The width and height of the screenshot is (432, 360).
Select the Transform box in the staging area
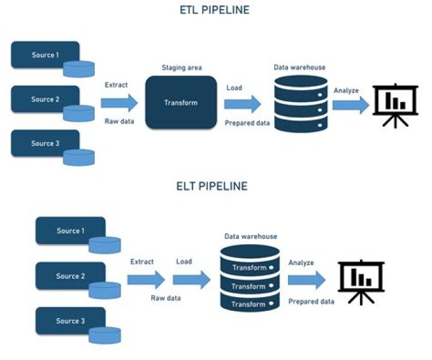pyautogui.click(x=181, y=103)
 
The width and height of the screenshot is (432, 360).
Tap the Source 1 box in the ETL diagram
pyautogui.click(x=45, y=55)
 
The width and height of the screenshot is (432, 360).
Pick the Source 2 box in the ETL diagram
pyautogui.click(x=45, y=99)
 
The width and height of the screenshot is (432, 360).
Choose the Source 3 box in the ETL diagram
pyautogui.click(x=45, y=143)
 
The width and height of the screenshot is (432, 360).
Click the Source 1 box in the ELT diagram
pyautogui.click(x=70, y=231)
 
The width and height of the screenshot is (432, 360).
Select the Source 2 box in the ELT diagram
pyautogui.click(x=70, y=276)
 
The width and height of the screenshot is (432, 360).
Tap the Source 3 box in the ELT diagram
pyautogui.click(x=70, y=320)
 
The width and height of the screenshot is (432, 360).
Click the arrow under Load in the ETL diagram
pyautogui.click(x=242, y=103)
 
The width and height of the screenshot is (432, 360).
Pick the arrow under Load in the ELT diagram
pyautogui.click(x=191, y=279)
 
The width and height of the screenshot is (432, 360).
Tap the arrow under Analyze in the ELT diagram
pyautogui.click(x=306, y=280)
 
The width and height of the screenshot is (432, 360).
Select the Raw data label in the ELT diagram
pyautogui.click(x=165, y=298)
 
